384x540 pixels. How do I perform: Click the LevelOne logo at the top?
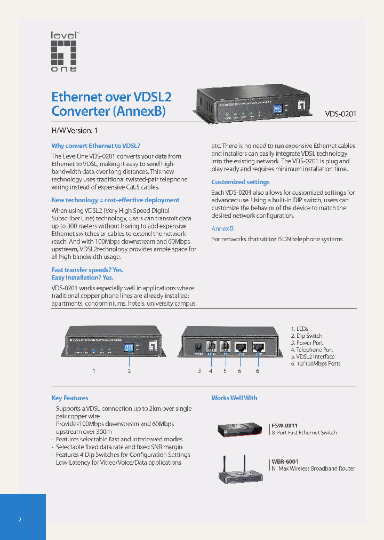tap(64, 52)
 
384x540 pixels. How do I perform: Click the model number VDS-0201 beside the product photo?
tap(341, 114)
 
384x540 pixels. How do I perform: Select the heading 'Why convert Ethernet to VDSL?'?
tap(95, 146)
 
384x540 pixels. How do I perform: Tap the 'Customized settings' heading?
tap(240, 182)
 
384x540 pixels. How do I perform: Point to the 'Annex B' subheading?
tap(222, 228)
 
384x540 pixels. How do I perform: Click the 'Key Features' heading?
tap(70, 398)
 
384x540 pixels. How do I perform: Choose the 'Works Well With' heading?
tap(234, 398)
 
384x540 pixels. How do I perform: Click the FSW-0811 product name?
tap(285, 426)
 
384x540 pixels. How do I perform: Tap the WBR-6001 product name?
tap(285, 462)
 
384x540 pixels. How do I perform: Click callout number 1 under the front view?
tap(94, 371)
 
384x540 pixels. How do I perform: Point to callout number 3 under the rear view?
tap(199, 371)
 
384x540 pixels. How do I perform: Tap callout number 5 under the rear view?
tap(225, 371)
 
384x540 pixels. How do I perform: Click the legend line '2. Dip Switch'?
tap(306, 336)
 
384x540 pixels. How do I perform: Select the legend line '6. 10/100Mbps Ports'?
tap(315, 364)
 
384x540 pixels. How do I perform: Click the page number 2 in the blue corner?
tap(20, 520)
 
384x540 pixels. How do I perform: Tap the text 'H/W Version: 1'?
tap(74, 131)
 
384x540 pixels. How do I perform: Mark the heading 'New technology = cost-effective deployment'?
tap(115, 200)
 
